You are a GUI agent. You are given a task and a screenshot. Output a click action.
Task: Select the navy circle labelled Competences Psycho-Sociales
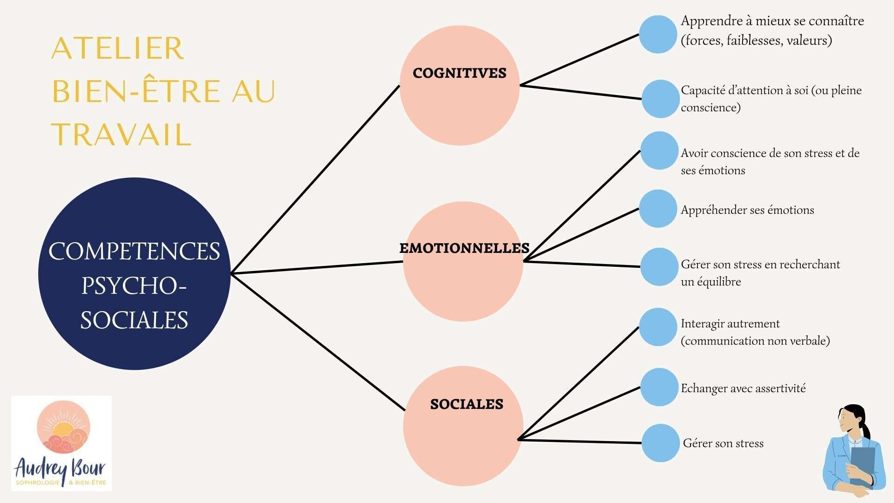pos(134,274)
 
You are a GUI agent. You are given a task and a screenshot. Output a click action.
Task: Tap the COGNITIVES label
pos(459,73)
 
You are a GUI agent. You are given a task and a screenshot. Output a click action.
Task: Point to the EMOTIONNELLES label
pos(464,248)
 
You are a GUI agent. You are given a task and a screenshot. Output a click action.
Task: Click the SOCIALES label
pos(467,404)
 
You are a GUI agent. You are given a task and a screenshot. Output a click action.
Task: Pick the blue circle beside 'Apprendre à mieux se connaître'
pos(657,34)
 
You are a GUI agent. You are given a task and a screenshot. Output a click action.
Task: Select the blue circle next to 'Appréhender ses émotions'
pos(657,209)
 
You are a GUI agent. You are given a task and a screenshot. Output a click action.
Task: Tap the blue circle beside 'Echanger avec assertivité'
pos(658,387)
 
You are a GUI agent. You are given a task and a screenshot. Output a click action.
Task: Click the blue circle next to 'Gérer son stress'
pos(660,443)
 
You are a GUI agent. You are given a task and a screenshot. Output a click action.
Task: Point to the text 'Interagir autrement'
pos(730,324)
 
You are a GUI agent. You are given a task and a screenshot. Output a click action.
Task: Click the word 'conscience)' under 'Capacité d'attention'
pos(711,108)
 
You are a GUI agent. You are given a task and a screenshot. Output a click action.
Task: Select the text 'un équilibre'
pos(711,282)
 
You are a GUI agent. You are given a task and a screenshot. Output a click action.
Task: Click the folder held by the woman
pos(862,463)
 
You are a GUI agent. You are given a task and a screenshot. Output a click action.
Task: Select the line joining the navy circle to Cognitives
pos(315,179)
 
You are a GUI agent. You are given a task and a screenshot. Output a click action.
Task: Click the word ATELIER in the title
pos(117,48)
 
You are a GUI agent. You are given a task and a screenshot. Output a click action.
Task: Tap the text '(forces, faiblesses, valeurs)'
pos(756,41)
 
